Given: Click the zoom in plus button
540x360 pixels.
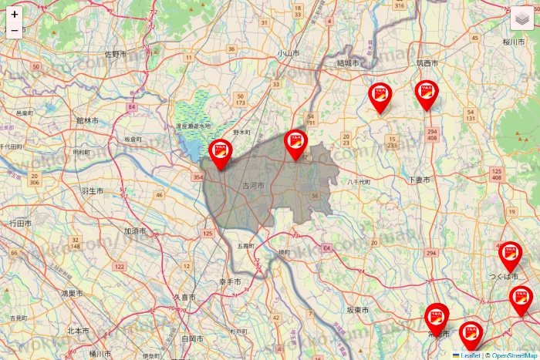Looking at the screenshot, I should pyautogui.click(x=15, y=14).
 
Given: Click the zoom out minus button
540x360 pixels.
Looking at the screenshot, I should pyautogui.click(x=15, y=31).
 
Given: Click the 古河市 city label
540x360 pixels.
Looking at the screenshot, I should pyautogui.click(x=253, y=186).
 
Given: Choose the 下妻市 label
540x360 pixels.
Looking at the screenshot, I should pyautogui.click(x=419, y=179).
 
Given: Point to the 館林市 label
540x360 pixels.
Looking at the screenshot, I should pyautogui.click(x=87, y=120).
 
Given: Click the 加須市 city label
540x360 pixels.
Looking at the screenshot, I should pyautogui.click(x=135, y=230).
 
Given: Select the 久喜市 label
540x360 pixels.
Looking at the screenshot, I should pyautogui.click(x=184, y=297).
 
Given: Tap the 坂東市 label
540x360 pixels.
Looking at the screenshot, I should pyautogui.click(x=356, y=309).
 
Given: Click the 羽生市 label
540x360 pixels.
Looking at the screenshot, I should pyautogui.click(x=92, y=190).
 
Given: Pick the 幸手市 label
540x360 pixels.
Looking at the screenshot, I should pyautogui.click(x=230, y=282).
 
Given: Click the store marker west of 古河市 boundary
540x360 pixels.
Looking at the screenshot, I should pyautogui.click(x=220, y=153).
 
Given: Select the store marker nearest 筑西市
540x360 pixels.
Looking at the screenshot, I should pyautogui.click(x=427, y=94).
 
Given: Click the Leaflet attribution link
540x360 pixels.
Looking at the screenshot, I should pyautogui.click(x=470, y=355).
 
